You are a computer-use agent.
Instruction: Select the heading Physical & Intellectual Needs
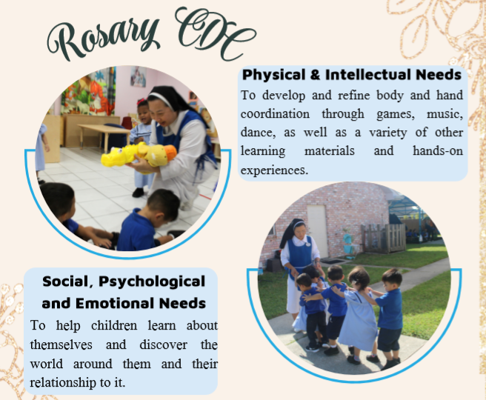(352, 76)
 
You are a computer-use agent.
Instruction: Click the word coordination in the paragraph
(275, 114)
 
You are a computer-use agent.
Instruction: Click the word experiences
(274, 170)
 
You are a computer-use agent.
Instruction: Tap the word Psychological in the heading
(152, 282)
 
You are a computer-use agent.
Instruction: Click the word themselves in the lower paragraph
(61, 344)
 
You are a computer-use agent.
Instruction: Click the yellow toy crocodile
(139, 155)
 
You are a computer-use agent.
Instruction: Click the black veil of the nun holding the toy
(173, 99)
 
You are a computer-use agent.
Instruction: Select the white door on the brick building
(317, 231)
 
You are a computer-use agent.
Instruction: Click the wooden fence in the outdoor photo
(383, 237)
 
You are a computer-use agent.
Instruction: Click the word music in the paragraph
(445, 114)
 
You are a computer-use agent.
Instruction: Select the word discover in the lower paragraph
(163, 344)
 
